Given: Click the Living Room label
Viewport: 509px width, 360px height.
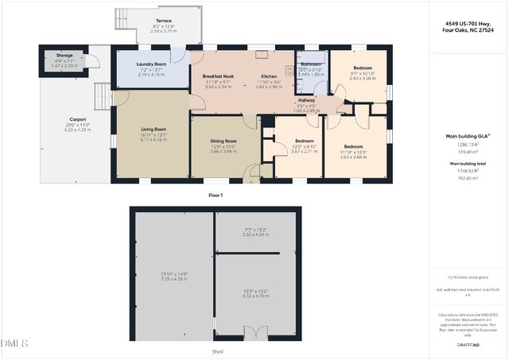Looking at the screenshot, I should click(153, 129).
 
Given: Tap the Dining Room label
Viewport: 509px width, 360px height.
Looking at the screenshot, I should click(223, 141).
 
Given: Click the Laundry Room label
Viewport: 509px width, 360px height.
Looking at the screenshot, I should click(151, 64).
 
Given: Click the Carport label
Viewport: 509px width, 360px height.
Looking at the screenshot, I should click(78, 119).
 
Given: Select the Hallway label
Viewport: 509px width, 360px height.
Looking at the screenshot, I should click(306, 101).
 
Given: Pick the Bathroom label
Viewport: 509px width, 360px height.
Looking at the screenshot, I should click(311, 64).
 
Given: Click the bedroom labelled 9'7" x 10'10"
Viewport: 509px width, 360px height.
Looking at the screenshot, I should click(356, 69).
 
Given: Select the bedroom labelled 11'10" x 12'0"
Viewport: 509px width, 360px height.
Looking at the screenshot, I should click(354, 147).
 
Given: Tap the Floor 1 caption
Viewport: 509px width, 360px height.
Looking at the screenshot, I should click(216, 195).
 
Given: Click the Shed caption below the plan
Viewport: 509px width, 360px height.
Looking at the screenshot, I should click(216, 351).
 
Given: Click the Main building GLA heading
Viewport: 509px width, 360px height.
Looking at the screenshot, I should click(466, 136).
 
